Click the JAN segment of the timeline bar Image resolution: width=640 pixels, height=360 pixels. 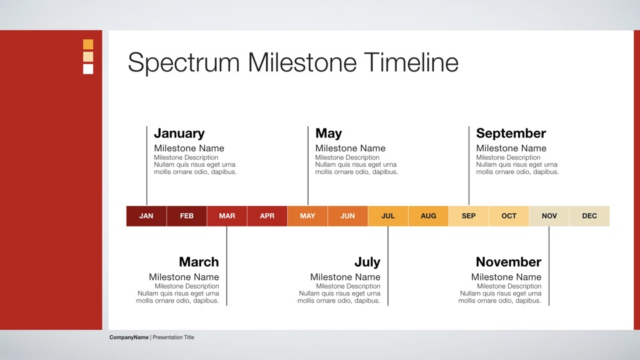tap(146, 216)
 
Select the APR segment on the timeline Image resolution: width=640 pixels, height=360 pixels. tap(267, 216)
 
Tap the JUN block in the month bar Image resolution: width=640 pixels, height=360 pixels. tap(348, 216)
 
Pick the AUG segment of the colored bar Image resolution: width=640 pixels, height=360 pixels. tap(428, 216)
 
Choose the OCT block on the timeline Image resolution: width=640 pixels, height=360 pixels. tap(509, 216)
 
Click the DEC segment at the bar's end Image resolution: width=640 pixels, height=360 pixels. tap(589, 216)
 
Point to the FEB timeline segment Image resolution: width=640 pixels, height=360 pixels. tap(187, 216)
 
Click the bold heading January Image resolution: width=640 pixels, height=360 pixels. tap(179, 133)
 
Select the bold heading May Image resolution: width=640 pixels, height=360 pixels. tap(329, 133)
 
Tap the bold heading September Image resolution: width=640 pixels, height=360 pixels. tap(511, 133)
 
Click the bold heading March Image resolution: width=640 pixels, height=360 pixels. tap(199, 261)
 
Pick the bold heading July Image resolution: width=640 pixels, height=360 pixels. tap(367, 262)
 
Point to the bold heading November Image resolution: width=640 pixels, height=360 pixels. tap(509, 261)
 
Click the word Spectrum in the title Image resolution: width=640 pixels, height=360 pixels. tap(184, 63)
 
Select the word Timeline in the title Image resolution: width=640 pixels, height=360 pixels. tap(411, 63)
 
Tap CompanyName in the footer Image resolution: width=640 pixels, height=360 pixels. tap(129, 337)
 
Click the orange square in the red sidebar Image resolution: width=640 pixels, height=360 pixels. tap(88, 44)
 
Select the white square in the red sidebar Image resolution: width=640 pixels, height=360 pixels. tap(88, 69)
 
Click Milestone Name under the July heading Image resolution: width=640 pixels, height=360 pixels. tap(345, 277)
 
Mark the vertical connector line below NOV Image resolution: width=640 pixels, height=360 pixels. tap(549, 266)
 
